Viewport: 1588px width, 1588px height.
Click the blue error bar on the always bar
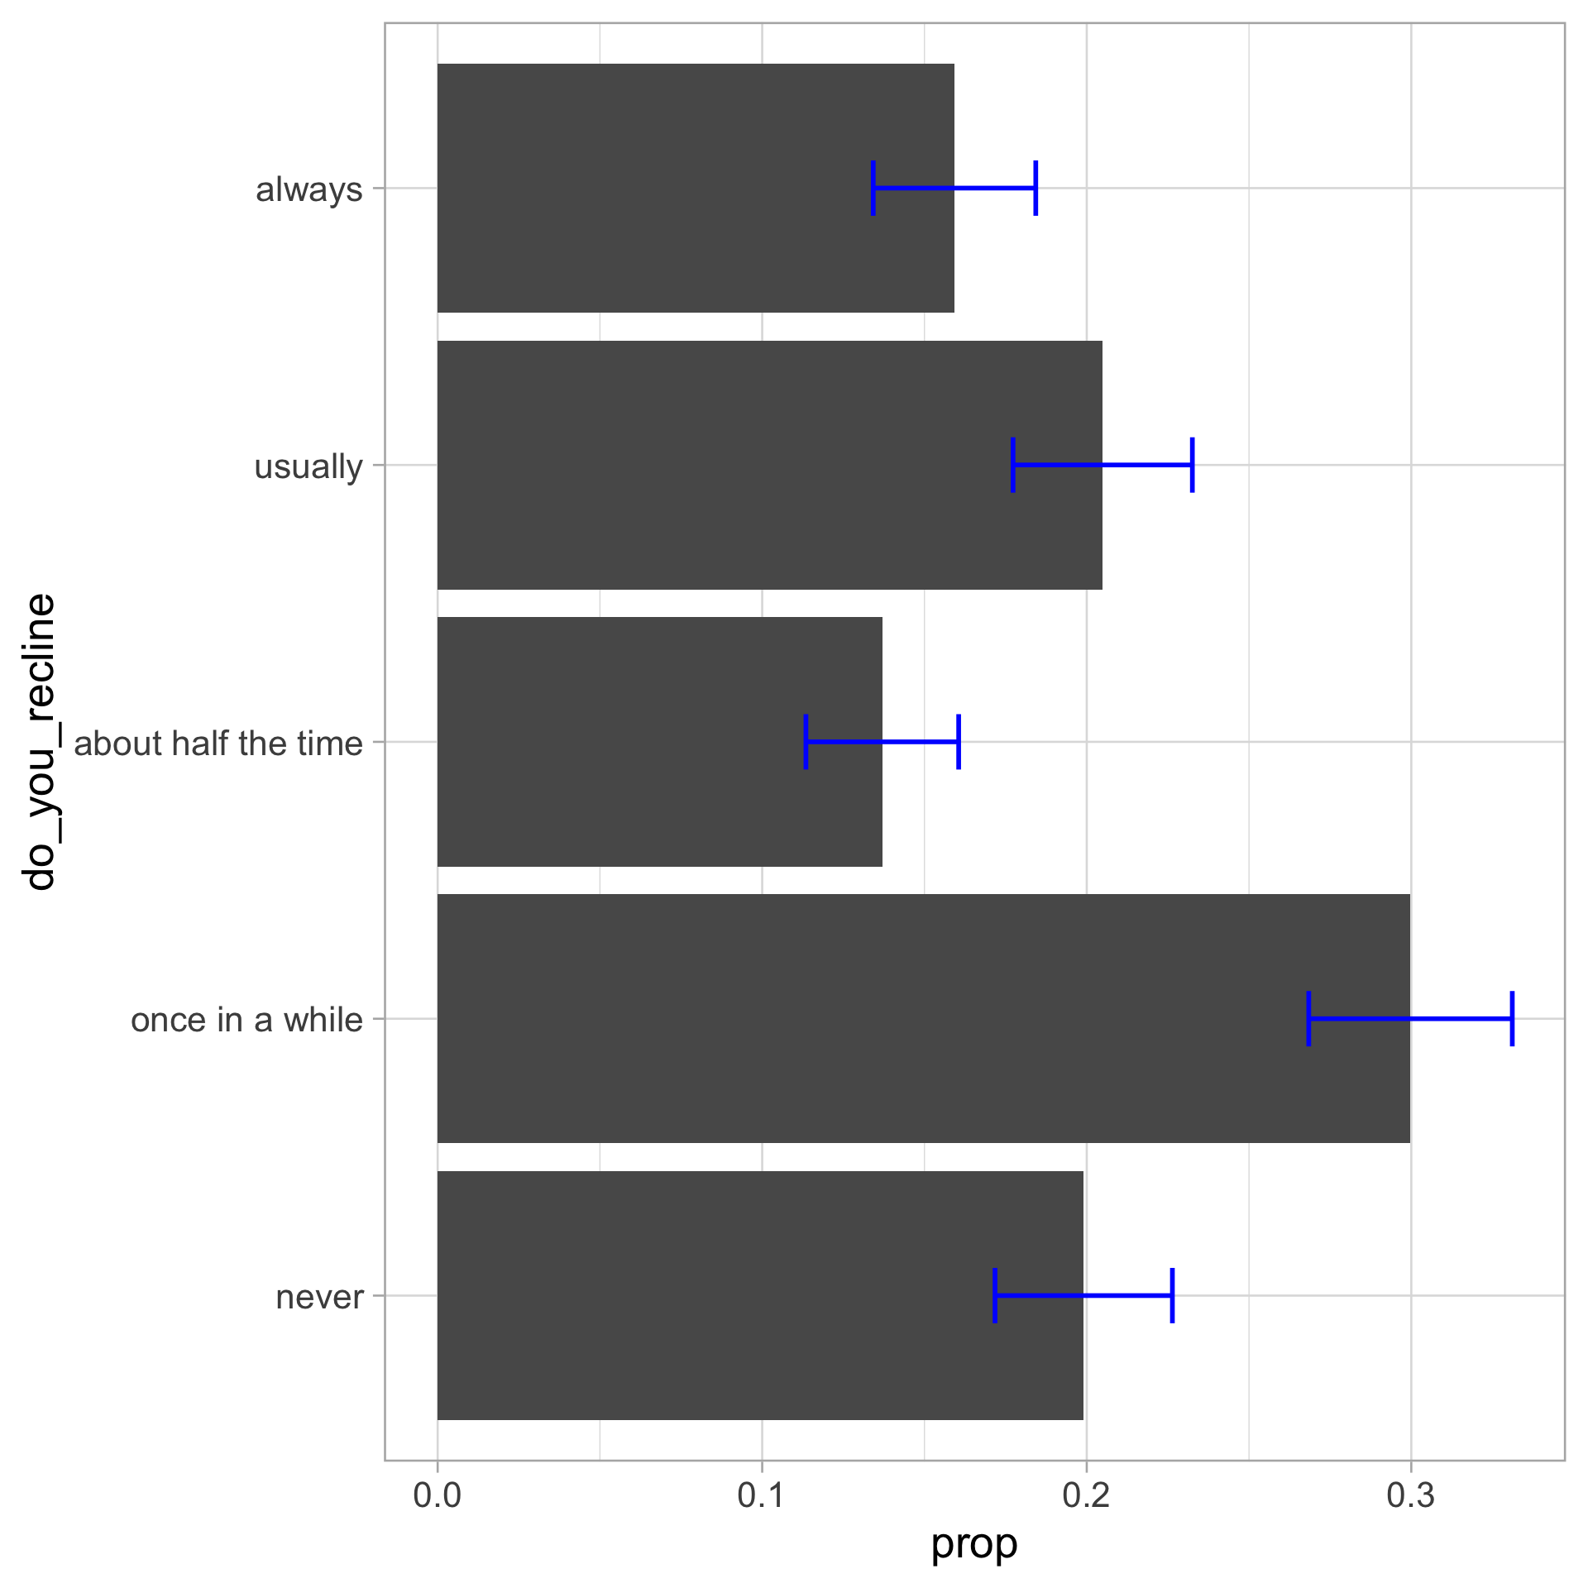pos(954,189)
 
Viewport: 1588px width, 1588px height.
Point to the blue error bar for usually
pos(1103,465)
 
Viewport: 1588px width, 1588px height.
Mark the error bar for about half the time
pos(882,742)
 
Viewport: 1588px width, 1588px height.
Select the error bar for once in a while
pos(1410,1018)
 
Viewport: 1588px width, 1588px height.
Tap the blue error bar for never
pos(1083,1295)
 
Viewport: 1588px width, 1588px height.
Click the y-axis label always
pos(309,189)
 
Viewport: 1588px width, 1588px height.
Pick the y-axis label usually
pos(308,466)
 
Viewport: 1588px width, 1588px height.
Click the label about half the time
pos(218,744)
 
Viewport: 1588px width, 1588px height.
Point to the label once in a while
pos(246,1020)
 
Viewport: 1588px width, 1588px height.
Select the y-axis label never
pos(319,1297)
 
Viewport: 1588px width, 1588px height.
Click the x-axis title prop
pos(974,1544)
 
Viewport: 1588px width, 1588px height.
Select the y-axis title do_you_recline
pos(40,742)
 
